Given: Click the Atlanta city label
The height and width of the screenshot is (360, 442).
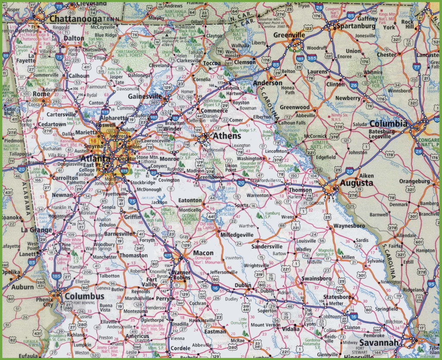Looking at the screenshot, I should point(92,158).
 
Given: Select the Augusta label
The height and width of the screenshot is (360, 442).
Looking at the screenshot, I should point(356,183).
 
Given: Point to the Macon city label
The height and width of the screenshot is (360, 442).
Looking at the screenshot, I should point(203,253).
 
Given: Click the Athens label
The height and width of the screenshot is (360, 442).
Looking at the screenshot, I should point(227,136).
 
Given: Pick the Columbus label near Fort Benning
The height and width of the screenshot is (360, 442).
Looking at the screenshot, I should point(85,296).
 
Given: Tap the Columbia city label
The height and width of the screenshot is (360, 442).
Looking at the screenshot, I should point(388,123).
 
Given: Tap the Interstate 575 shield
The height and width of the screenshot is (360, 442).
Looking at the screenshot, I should point(105,112).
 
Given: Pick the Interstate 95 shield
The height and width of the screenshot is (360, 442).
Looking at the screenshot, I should point(431,283).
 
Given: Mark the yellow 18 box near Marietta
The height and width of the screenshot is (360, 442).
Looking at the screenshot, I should point(93,141).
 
